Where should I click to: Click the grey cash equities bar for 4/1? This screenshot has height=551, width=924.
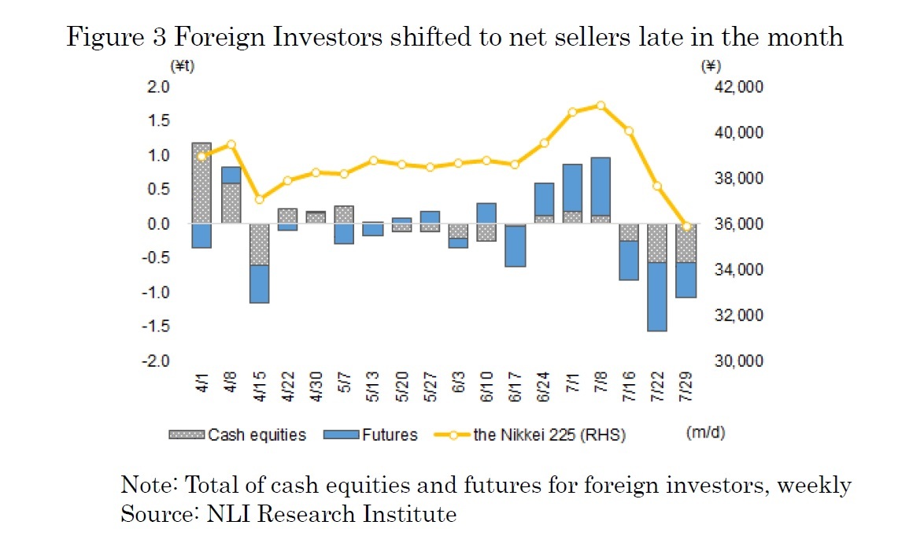(x=202, y=183)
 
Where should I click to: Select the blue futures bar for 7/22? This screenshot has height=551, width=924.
(x=657, y=297)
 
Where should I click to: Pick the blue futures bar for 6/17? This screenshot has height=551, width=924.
(x=516, y=246)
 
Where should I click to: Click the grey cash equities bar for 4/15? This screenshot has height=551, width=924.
(x=259, y=245)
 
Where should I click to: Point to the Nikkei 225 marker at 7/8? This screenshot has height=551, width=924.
(x=601, y=105)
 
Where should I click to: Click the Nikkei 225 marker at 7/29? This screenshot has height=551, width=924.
(x=686, y=227)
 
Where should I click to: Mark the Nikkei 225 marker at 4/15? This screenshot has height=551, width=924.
(x=259, y=199)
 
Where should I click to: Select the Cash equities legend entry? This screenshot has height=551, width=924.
(x=238, y=435)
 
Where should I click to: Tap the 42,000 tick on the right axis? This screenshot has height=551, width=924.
(x=733, y=87)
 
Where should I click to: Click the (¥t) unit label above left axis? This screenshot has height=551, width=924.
(x=182, y=66)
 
